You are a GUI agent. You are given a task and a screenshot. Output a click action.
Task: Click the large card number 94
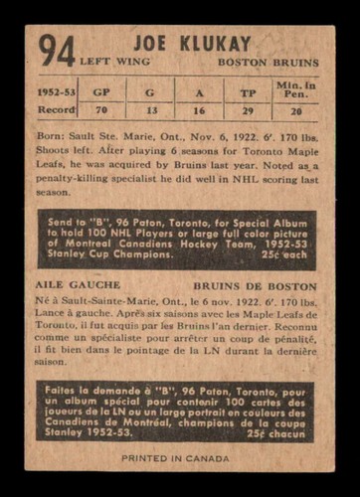[x=58, y=50]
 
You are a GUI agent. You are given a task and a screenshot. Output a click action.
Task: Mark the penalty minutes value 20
[x=295, y=110]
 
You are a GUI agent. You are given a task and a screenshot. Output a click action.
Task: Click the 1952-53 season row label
[x=56, y=90]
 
